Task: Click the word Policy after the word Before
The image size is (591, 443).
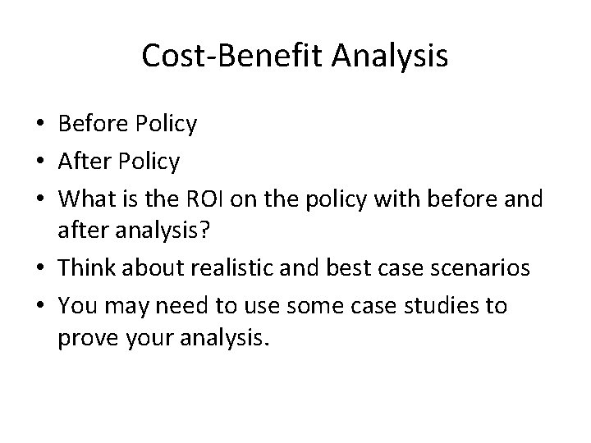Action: pos(167,124)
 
